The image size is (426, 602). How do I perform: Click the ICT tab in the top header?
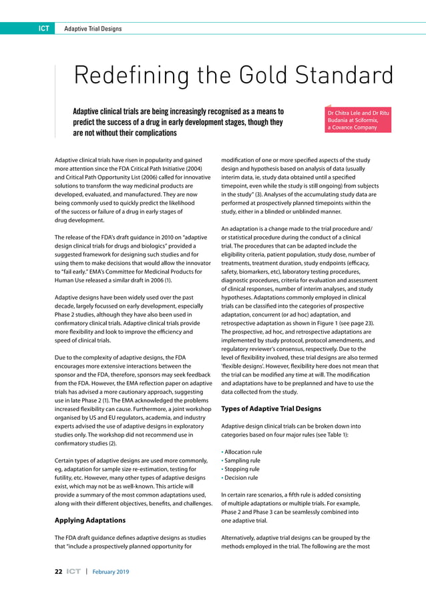[x=41, y=28]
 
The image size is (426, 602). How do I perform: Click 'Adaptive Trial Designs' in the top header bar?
[x=93, y=28]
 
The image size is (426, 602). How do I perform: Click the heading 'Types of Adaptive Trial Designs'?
[x=261, y=408]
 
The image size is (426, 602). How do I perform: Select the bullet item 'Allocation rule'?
[x=242, y=452]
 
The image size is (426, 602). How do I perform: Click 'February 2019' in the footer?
[x=111, y=572]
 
